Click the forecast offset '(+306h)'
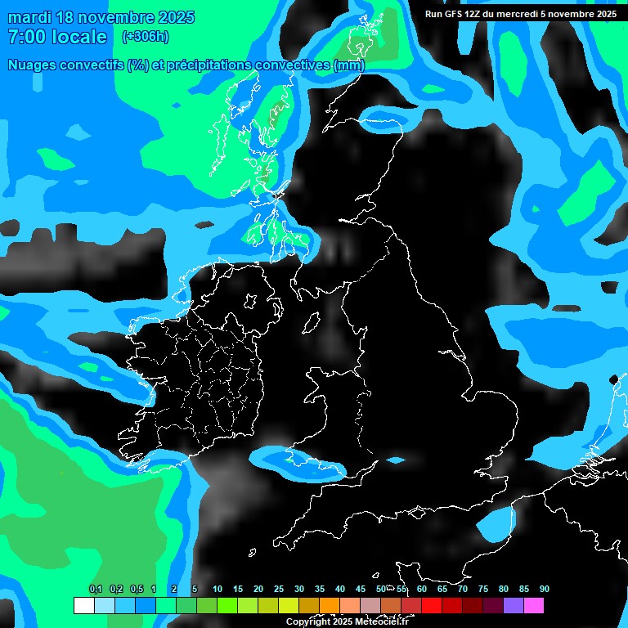pyautogui.click(x=145, y=36)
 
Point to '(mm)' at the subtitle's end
pyautogui.click(x=350, y=65)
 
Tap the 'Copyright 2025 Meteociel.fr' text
pyautogui.click(x=347, y=621)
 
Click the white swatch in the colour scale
pyautogui.click(x=83, y=606)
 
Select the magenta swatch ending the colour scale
pyautogui.click(x=534, y=606)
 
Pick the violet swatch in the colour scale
pyautogui.click(x=514, y=606)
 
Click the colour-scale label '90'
pyautogui.click(x=544, y=589)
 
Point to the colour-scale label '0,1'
pyautogui.click(x=96, y=589)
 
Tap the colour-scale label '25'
pyautogui.click(x=279, y=589)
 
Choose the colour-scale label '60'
pyautogui.click(x=422, y=589)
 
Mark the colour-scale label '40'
pyautogui.click(x=340, y=589)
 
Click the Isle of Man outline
pyautogui.click(x=311, y=323)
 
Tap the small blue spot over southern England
pyautogui.click(x=396, y=460)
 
